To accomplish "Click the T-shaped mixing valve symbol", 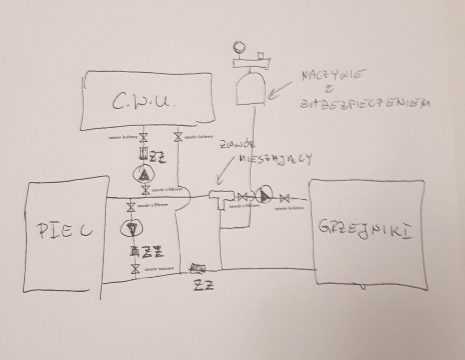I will [221, 198].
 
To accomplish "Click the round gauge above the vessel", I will [238, 47].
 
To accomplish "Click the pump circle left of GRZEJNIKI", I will [263, 196].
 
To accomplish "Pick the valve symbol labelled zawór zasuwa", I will [134, 269].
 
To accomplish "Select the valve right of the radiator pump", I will [285, 198].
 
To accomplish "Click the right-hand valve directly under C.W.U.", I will [178, 137].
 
